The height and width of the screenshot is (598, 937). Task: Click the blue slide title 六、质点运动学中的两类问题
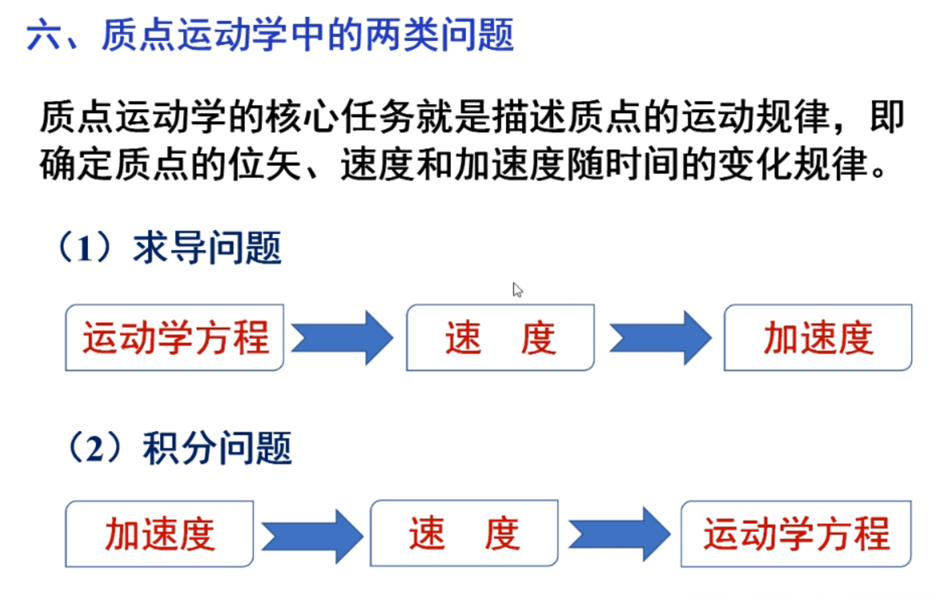click(x=269, y=35)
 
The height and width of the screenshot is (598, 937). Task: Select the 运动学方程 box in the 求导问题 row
click(x=175, y=338)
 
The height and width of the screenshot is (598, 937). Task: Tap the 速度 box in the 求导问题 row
click(x=500, y=338)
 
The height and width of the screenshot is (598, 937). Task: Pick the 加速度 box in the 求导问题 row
click(x=818, y=338)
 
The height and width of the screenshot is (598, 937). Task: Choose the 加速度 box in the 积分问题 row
click(x=160, y=534)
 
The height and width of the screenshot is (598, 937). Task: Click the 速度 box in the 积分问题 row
click(x=464, y=534)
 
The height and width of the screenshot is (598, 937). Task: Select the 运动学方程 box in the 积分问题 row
click(x=796, y=534)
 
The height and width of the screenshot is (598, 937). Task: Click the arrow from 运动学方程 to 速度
click(x=342, y=338)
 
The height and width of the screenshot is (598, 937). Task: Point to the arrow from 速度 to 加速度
click(x=660, y=338)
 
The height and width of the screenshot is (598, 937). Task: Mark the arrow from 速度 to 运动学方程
click(x=619, y=534)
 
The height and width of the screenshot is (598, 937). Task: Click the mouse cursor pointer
click(x=517, y=290)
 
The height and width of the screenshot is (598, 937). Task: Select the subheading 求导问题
click(x=207, y=248)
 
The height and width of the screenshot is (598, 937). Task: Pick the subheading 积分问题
click(x=217, y=447)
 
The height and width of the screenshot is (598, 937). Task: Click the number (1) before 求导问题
click(x=85, y=248)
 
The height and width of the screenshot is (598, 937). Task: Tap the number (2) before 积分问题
click(x=96, y=447)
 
